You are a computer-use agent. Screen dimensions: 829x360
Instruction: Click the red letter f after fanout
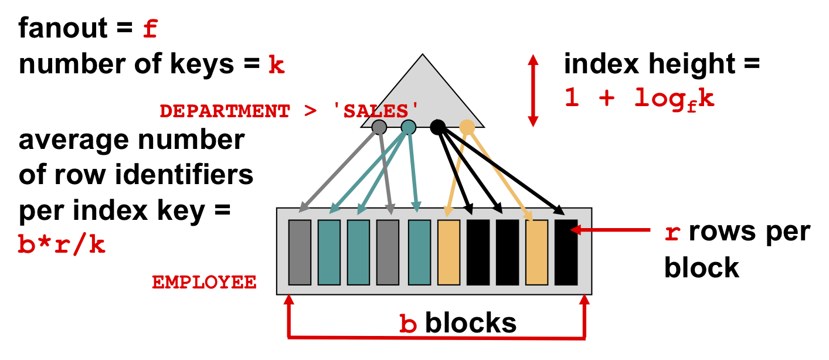(151, 29)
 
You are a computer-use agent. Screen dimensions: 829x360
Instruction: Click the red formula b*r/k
(62, 244)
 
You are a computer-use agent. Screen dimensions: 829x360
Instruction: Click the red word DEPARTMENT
(225, 111)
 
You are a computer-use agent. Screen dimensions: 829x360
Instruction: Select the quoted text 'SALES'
(376, 111)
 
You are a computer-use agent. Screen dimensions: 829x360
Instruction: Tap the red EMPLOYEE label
(204, 282)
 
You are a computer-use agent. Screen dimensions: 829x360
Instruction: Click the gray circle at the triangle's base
(379, 127)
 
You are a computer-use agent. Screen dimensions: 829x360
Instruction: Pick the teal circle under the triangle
(408, 127)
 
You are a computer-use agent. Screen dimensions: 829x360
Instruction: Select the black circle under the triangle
(438, 127)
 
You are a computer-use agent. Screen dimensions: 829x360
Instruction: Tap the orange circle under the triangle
(467, 127)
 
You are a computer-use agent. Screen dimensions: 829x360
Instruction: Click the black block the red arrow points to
(566, 253)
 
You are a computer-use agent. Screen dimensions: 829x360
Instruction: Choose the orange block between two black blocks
(536, 253)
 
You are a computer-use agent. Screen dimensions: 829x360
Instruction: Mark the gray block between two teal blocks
(388, 253)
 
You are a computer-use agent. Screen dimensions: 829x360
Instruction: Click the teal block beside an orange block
(419, 253)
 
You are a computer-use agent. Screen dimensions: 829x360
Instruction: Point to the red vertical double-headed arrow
(533, 91)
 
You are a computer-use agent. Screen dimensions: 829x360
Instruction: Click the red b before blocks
(408, 324)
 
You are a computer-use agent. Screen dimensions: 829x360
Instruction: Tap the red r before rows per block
(672, 233)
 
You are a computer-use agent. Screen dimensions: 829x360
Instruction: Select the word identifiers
(184, 175)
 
